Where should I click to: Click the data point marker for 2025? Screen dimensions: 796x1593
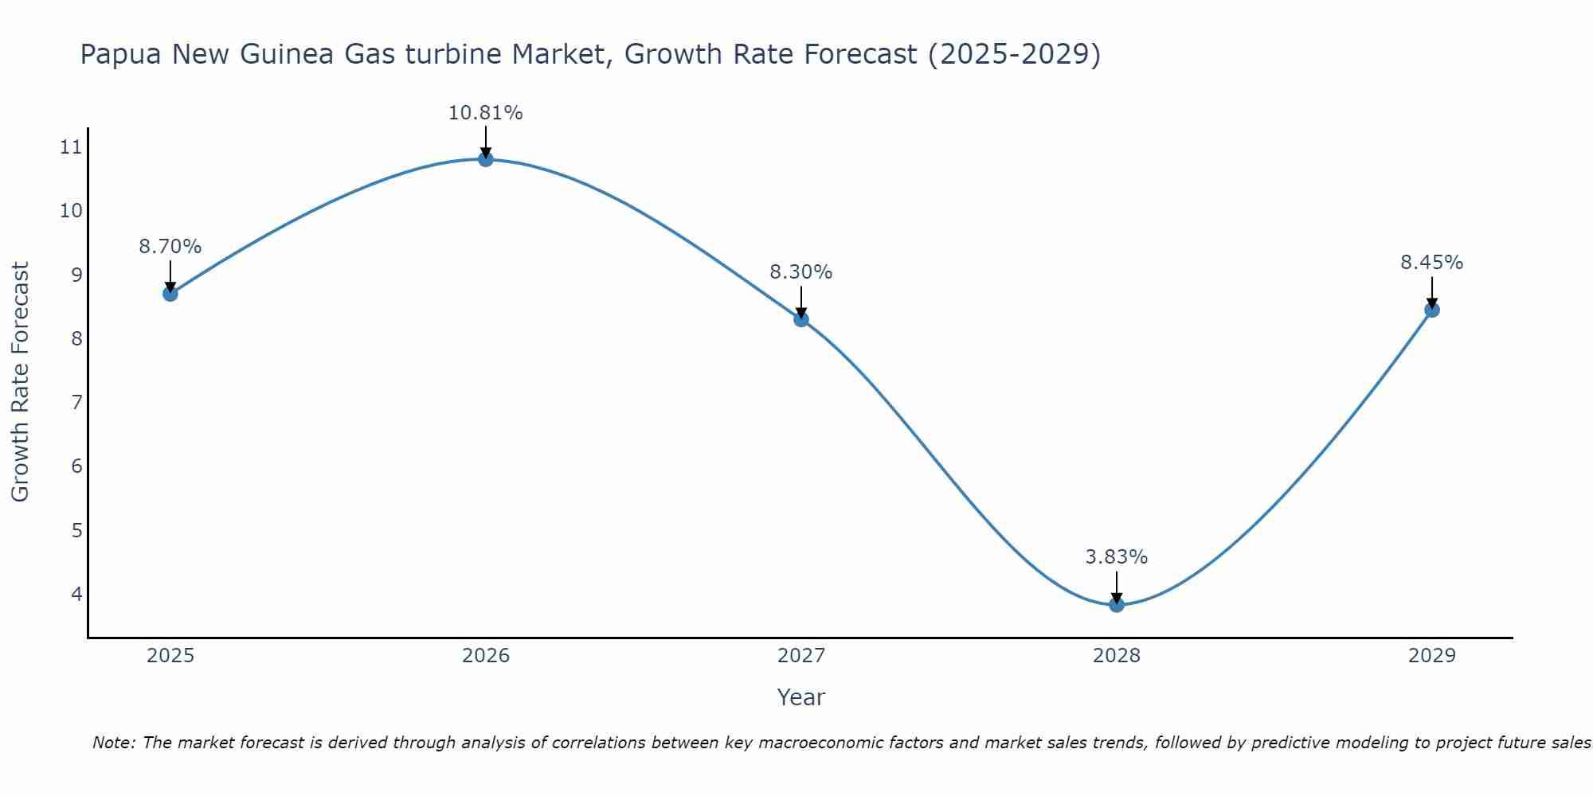coord(170,294)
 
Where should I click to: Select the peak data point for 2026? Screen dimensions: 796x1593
coord(486,159)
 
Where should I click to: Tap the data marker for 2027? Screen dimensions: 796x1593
coord(801,319)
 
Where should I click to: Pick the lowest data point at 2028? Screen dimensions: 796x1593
coord(1117,605)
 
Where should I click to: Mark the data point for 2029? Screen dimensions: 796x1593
coord(1432,310)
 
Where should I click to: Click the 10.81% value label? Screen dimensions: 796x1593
coord(486,113)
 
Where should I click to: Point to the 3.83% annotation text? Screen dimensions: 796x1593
coord(1117,557)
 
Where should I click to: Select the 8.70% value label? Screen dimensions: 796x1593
coord(170,247)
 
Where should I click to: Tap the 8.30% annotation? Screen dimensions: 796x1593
coord(801,272)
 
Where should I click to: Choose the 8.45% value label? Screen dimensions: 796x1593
coord(1432,263)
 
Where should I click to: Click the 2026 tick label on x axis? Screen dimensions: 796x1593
coord(486,656)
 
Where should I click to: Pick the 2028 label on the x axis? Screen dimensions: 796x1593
coord(1117,656)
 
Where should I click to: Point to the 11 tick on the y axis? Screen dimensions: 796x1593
coord(71,146)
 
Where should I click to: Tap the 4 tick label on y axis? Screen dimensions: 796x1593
coord(76,594)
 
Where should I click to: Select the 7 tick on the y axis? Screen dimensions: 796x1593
coord(76,402)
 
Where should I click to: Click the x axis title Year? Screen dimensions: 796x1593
coord(801,697)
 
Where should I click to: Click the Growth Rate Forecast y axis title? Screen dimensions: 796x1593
coord(20,382)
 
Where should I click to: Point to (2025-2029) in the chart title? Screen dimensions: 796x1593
coord(1015,55)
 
